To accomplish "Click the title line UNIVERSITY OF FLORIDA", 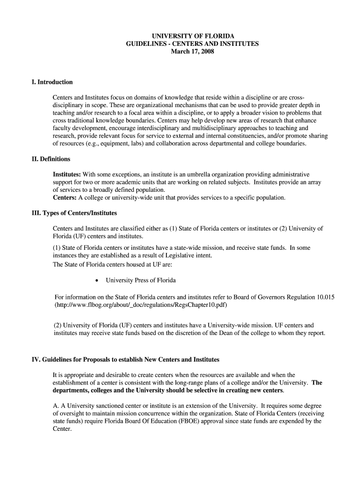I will pos(192,36).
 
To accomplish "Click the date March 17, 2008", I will pos(192,51).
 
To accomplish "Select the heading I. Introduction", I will pos(52,82).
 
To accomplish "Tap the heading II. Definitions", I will pos(50,160).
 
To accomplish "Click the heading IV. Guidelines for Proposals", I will pos(125,360).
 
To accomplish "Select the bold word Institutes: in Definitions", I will pos(67,174).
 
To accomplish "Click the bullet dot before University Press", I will pos(96,281).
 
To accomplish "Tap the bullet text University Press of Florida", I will pos(141,280).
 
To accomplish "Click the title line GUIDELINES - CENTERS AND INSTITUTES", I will pos(192,44).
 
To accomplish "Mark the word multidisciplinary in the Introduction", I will pos(216,128).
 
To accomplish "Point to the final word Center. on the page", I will pos(62,428).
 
